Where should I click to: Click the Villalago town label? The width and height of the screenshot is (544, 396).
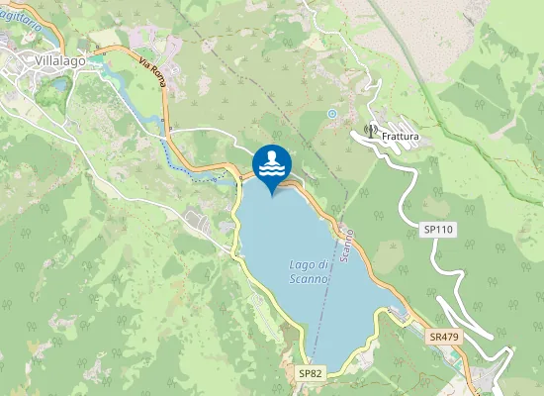pyautogui.click(x=60, y=60)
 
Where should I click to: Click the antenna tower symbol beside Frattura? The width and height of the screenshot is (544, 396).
pyautogui.click(x=371, y=130)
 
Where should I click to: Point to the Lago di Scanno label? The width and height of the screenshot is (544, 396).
pyautogui.click(x=310, y=272)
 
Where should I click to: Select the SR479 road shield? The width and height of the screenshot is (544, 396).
pyautogui.click(x=444, y=338)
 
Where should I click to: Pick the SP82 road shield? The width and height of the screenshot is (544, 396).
pyautogui.click(x=311, y=373)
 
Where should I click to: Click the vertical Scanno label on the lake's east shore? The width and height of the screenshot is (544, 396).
pyautogui.click(x=346, y=245)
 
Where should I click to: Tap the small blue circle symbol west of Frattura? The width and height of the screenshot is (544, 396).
pyautogui.click(x=332, y=114)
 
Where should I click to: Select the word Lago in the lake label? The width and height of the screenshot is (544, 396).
pyautogui.click(x=302, y=265)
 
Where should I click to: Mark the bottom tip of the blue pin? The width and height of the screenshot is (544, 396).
pyautogui.click(x=272, y=194)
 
